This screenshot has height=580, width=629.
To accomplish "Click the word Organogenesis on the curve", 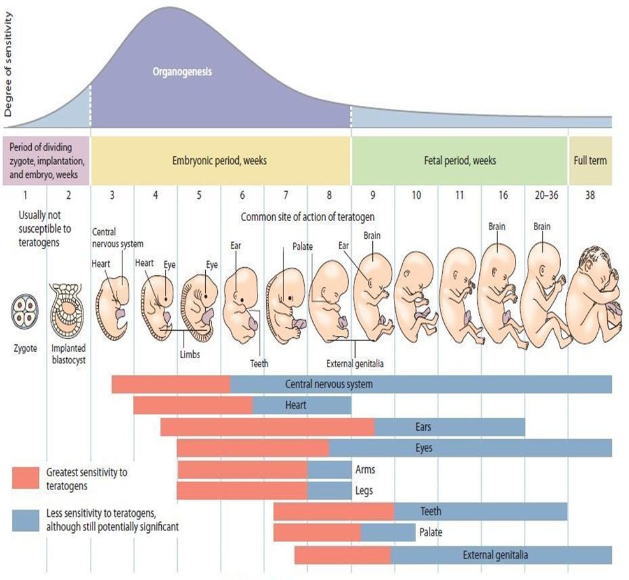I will click(x=182, y=72).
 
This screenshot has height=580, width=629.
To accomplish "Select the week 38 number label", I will click(x=589, y=195).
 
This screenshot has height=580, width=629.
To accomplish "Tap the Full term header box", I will click(x=589, y=161).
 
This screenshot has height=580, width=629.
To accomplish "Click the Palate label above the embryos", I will click(x=303, y=246).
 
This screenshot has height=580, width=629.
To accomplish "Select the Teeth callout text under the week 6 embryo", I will click(x=259, y=364).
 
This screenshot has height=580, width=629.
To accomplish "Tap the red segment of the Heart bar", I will click(x=192, y=405).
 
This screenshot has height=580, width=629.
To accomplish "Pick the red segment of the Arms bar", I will click(x=242, y=470).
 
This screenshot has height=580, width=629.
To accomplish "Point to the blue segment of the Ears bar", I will click(x=449, y=427).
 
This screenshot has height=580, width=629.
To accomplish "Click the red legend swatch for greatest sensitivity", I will click(x=25, y=477).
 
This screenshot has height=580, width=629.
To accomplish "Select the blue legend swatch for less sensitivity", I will click(x=25, y=519).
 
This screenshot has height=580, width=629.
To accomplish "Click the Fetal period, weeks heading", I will click(x=459, y=161).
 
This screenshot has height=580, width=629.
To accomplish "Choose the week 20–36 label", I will click(x=546, y=195).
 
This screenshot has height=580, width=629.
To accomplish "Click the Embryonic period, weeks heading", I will click(x=220, y=161).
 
